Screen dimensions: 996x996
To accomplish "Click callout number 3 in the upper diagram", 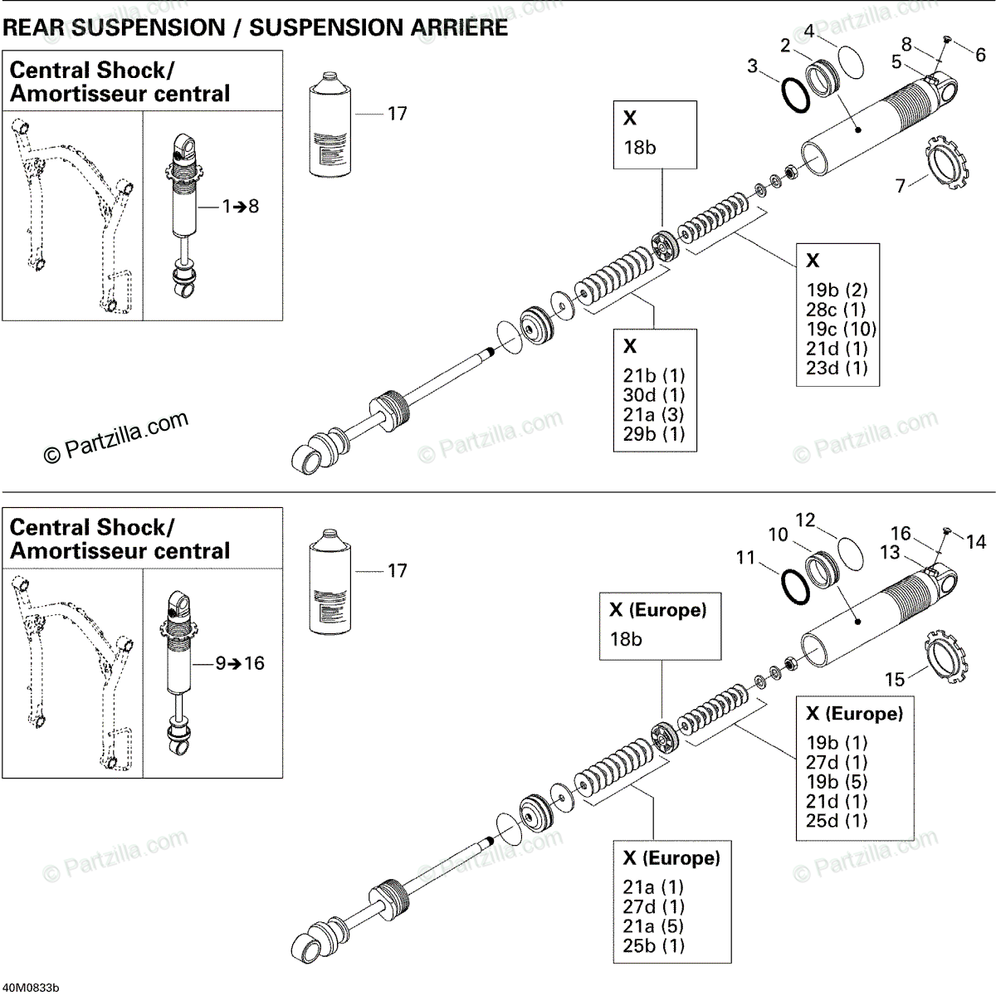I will coord(752,66).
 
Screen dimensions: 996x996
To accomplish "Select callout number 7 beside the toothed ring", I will coord(901,185).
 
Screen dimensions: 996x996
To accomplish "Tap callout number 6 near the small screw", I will coord(980,55).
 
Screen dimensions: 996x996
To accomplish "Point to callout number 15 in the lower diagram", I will coord(895,680).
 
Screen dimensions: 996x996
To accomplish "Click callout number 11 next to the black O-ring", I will coord(745,558).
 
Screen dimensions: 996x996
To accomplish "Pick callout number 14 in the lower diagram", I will coord(976,542).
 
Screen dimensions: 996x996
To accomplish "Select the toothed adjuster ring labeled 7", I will coord(946,161).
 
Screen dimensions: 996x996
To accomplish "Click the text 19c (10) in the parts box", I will coord(841,329).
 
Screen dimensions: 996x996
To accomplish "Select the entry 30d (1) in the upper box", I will coord(654,394).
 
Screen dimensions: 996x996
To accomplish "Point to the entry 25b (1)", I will coord(654,945).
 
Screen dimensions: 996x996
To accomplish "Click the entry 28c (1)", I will coord(836,310).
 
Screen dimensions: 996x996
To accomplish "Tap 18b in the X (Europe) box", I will coord(626,639).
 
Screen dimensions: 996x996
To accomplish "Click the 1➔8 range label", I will coord(241,206).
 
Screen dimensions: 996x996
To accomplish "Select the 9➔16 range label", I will coord(240,663).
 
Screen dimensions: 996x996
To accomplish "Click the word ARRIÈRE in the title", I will coord(448,27).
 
